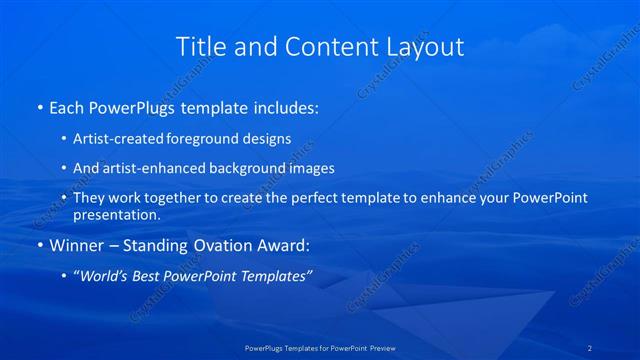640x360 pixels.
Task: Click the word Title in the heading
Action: (x=200, y=46)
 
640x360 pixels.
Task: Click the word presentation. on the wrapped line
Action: (x=117, y=214)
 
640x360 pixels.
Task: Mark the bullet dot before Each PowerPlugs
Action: (x=39, y=107)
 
